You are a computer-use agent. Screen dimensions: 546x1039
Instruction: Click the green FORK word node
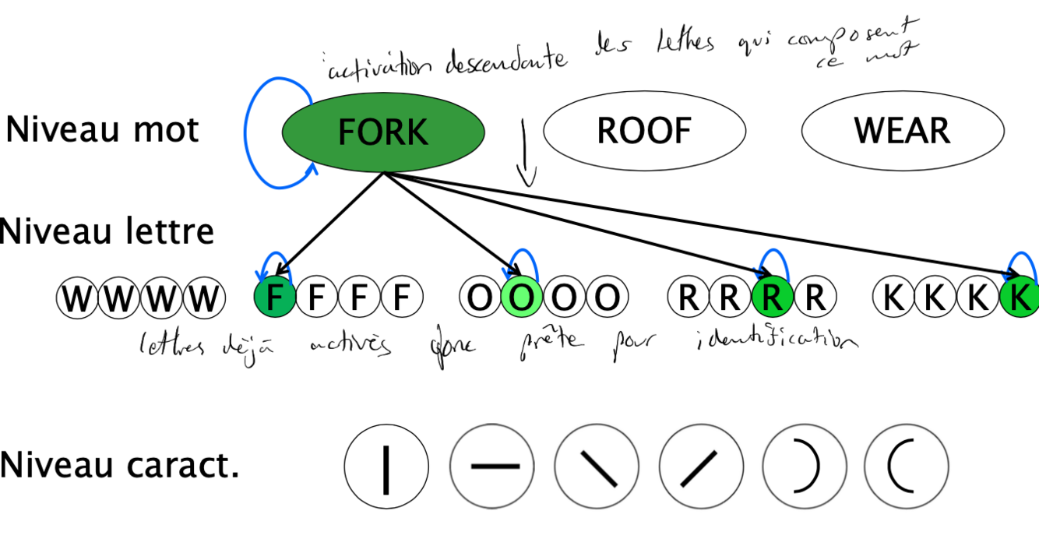pos(382,132)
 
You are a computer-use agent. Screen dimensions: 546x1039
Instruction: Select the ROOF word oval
pos(643,131)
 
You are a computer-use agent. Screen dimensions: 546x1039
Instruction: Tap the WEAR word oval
pos(902,131)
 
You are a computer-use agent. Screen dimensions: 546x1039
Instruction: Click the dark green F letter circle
pos(274,298)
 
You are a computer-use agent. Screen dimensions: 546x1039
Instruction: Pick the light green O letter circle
pos(519,298)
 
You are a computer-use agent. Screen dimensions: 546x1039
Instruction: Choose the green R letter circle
pos(773,298)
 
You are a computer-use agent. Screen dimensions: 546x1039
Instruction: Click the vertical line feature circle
pos(386,467)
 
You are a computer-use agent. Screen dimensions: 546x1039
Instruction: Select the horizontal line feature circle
pos(492,467)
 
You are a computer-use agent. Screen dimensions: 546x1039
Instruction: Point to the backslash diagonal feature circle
pos(597,467)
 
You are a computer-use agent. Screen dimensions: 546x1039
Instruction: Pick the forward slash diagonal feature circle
pos(700,467)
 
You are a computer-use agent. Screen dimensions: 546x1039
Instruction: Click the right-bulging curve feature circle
pos(804,467)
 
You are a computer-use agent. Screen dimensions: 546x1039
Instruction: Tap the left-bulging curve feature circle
pos(906,467)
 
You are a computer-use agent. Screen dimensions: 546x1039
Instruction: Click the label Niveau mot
pos(102,130)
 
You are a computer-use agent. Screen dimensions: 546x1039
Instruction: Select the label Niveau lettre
pos(107,231)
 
